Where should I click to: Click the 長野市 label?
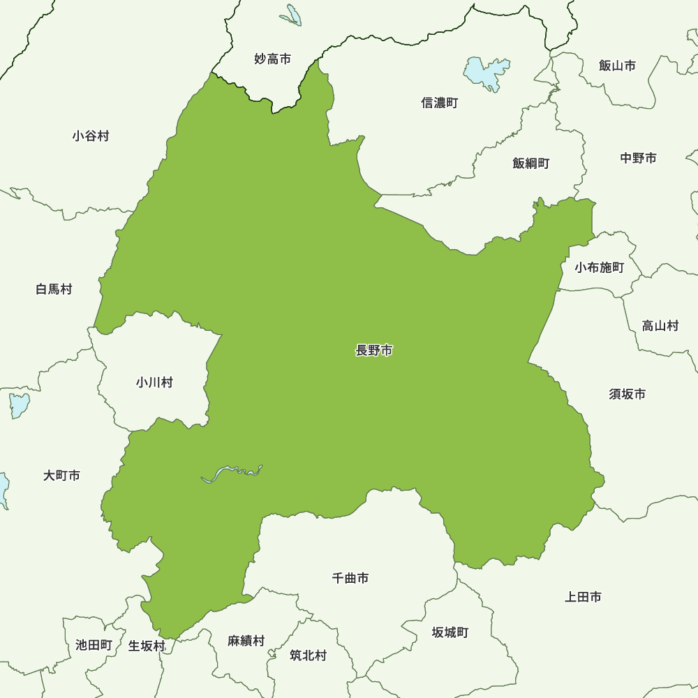(x=374, y=351)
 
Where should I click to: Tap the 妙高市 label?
(x=272, y=59)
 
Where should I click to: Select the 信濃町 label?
(x=440, y=103)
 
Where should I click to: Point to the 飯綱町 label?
(x=530, y=163)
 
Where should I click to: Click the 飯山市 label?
(x=617, y=66)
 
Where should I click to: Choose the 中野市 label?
(x=638, y=158)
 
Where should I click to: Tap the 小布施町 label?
(x=599, y=267)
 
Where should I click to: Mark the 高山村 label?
(x=660, y=325)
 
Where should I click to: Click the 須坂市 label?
(x=627, y=394)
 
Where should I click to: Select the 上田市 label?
(x=583, y=597)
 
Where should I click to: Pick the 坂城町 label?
(x=450, y=633)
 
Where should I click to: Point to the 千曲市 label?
(x=350, y=578)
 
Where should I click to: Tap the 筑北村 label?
(x=308, y=655)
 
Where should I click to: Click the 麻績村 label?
(x=246, y=640)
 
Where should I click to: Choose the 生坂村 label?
(x=147, y=646)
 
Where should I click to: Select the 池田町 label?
(x=94, y=645)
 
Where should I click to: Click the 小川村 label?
(x=154, y=383)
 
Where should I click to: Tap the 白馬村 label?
(x=54, y=289)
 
